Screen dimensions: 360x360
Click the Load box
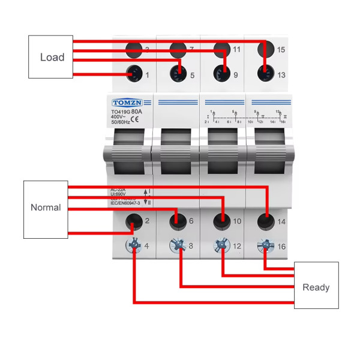51,58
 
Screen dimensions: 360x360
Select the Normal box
46,208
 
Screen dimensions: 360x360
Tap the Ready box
316,287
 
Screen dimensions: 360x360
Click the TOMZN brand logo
125,102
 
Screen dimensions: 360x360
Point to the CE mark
136,119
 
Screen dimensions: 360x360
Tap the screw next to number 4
134,245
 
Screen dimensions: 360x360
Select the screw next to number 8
178,245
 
